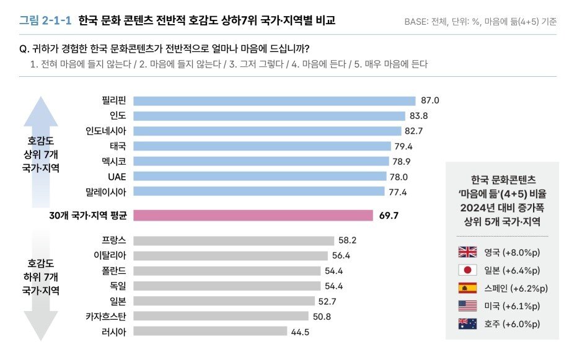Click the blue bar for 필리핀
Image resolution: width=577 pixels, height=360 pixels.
tap(274, 101)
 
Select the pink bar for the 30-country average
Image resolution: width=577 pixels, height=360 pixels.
tap(252, 216)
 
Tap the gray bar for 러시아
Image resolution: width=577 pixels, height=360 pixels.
tap(210, 331)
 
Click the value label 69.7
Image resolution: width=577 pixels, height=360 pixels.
tap(389, 216)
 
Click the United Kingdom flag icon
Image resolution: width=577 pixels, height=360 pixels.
tap(467, 252)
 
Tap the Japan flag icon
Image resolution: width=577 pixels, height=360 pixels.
tap(467, 270)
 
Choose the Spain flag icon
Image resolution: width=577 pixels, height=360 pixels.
tap(467, 288)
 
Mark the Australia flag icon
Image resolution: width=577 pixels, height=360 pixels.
tap(467, 323)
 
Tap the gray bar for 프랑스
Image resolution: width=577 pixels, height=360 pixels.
tap(234, 240)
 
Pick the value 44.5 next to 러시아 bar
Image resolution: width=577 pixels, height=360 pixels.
tap(299, 331)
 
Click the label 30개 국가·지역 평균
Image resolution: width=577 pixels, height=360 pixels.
tap(87, 216)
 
